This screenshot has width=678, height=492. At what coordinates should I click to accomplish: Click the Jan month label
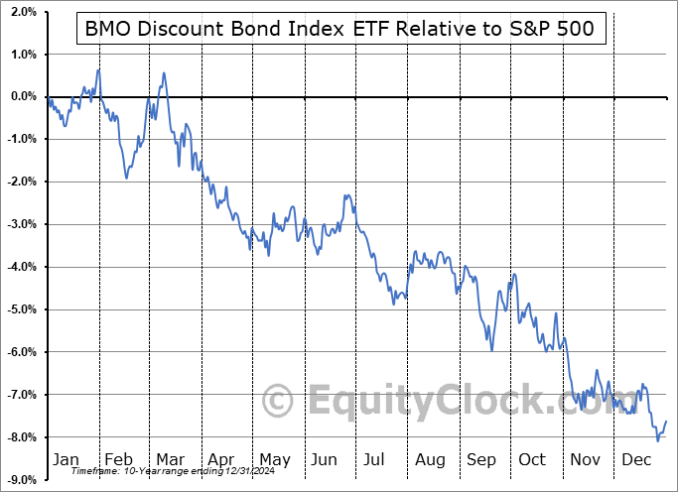(x=65, y=459)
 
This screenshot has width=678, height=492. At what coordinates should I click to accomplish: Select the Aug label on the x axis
(x=430, y=459)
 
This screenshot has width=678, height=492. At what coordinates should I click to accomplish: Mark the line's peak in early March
(x=163, y=72)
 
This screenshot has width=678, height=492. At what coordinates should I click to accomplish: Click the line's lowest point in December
(x=658, y=439)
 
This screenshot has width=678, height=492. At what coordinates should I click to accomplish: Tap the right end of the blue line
(x=666, y=422)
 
